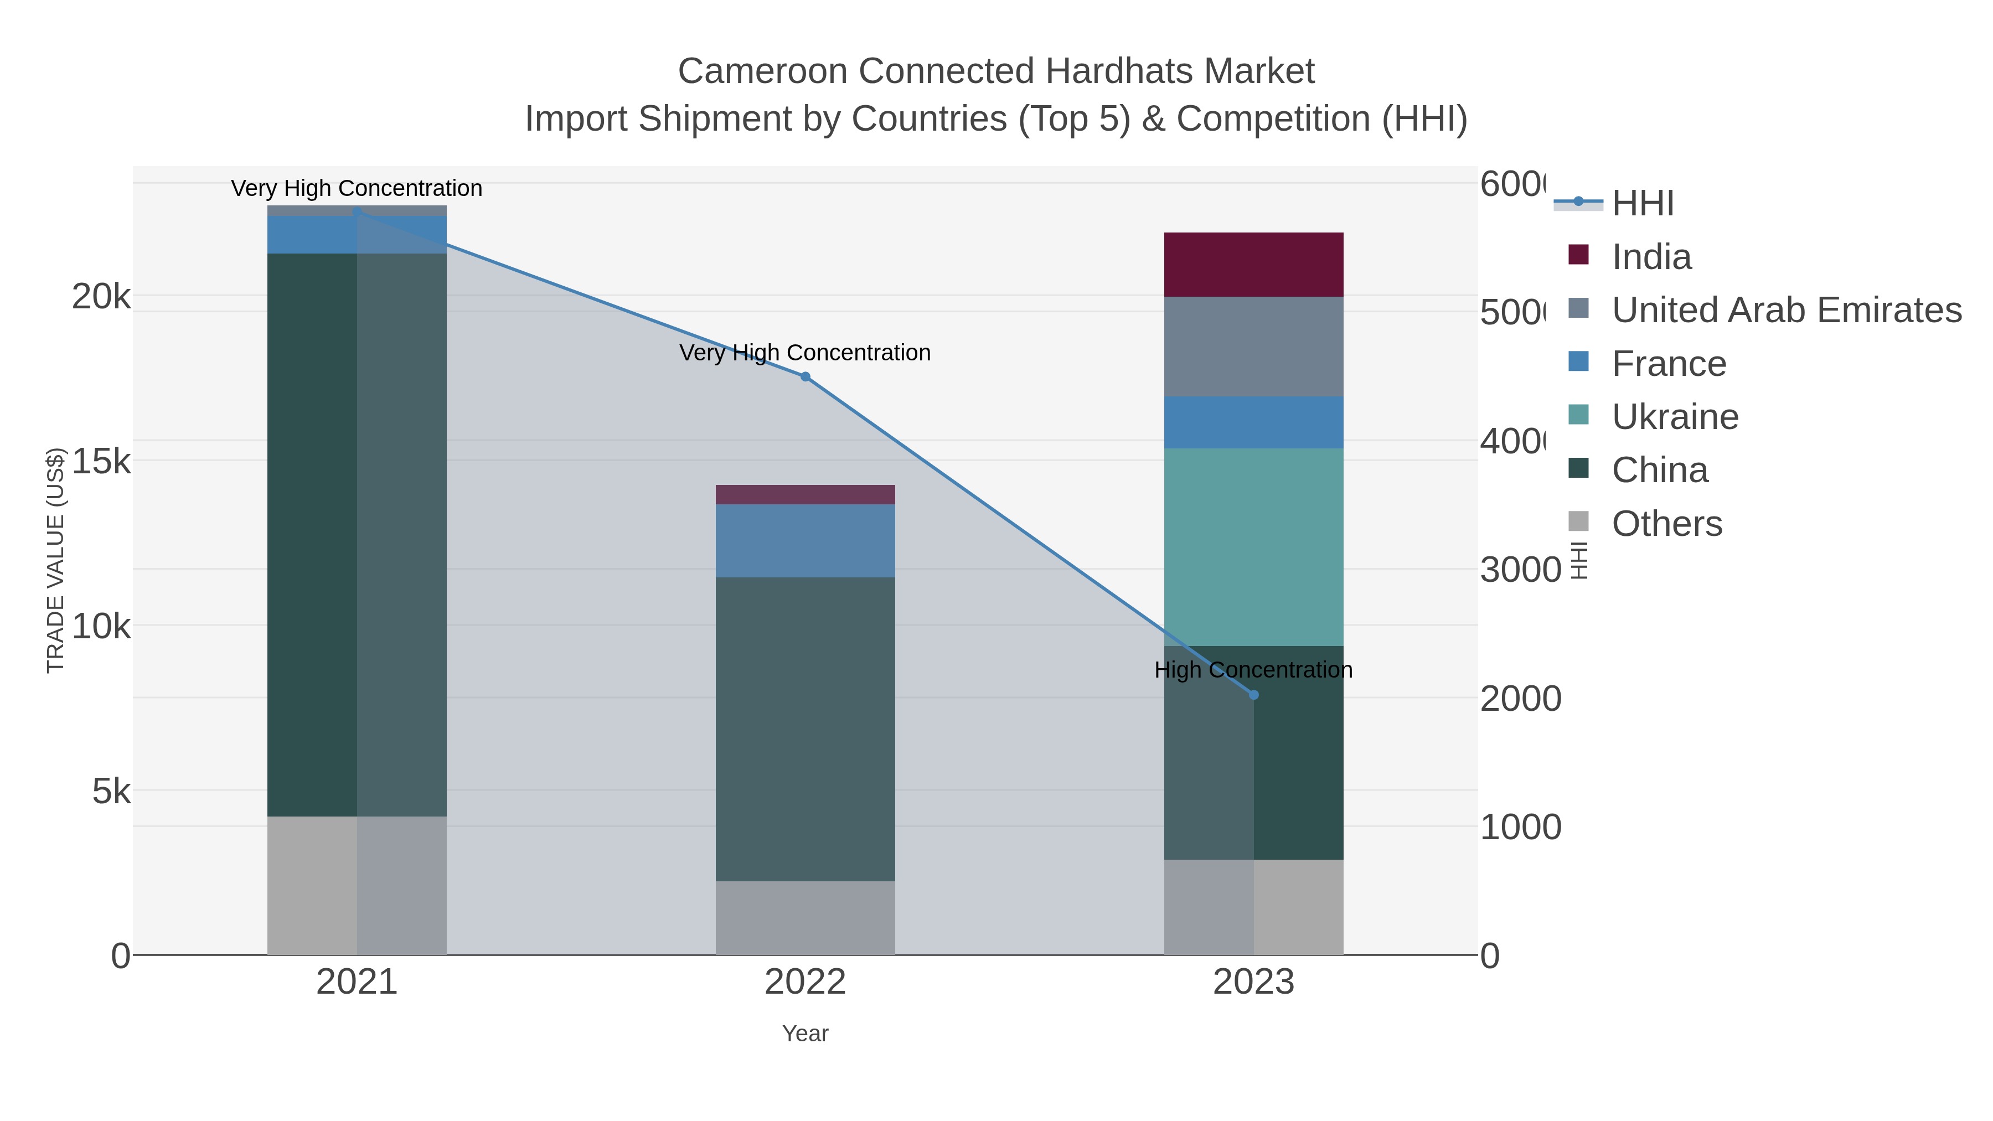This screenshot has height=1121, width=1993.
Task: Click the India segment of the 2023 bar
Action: tap(1253, 264)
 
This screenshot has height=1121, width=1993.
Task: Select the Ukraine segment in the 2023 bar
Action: tap(1253, 546)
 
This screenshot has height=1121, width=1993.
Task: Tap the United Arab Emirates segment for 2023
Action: tap(1253, 346)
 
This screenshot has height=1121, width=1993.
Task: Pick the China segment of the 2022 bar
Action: tap(804, 728)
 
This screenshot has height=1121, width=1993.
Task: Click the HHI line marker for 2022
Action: tap(804, 377)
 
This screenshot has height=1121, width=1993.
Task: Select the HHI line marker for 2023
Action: tap(1253, 695)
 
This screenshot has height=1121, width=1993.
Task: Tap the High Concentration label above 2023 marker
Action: tap(1253, 669)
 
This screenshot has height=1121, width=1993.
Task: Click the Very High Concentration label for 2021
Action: tap(357, 188)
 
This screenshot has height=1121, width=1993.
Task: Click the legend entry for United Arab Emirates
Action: tap(1785, 310)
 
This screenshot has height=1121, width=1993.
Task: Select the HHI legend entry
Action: tap(1642, 204)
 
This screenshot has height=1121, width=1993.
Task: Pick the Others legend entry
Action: tap(1666, 524)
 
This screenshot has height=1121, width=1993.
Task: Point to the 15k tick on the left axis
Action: tap(101, 461)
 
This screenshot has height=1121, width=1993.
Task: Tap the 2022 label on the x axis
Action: tap(804, 981)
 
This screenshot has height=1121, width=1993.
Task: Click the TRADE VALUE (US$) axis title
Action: tap(56, 560)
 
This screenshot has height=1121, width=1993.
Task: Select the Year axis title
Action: tap(804, 1034)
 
